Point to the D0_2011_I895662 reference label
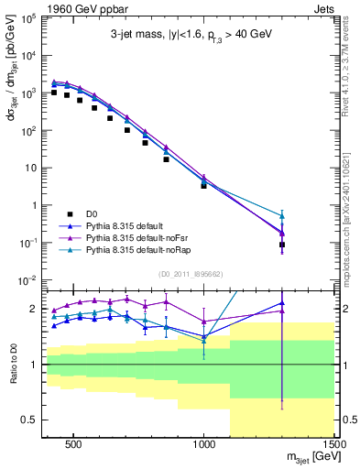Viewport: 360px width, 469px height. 191,273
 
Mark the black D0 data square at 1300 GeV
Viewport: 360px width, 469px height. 282,245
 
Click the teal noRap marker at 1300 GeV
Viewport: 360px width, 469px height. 282,215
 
